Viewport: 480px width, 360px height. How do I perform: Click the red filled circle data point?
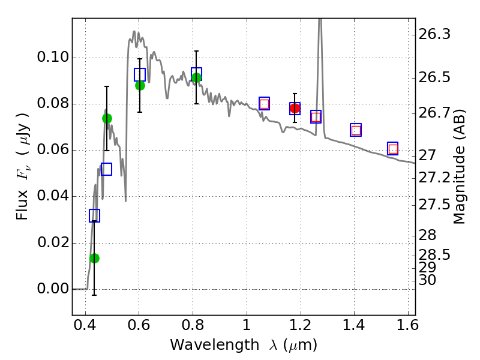[295, 109]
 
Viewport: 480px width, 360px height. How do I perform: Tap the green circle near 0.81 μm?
[196, 77]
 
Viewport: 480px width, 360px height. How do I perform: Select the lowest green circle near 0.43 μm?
[94, 258]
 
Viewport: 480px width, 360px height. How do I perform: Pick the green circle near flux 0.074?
[107, 118]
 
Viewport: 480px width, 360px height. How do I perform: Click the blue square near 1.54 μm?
[393, 149]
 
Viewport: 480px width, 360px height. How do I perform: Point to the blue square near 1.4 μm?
[356, 130]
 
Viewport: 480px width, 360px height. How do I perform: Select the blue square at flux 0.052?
[106, 169]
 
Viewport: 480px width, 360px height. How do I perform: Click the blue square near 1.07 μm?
[264, 103]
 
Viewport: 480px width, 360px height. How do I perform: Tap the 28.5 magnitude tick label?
[434, 255]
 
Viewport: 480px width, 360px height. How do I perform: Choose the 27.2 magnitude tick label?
[434, 178]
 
